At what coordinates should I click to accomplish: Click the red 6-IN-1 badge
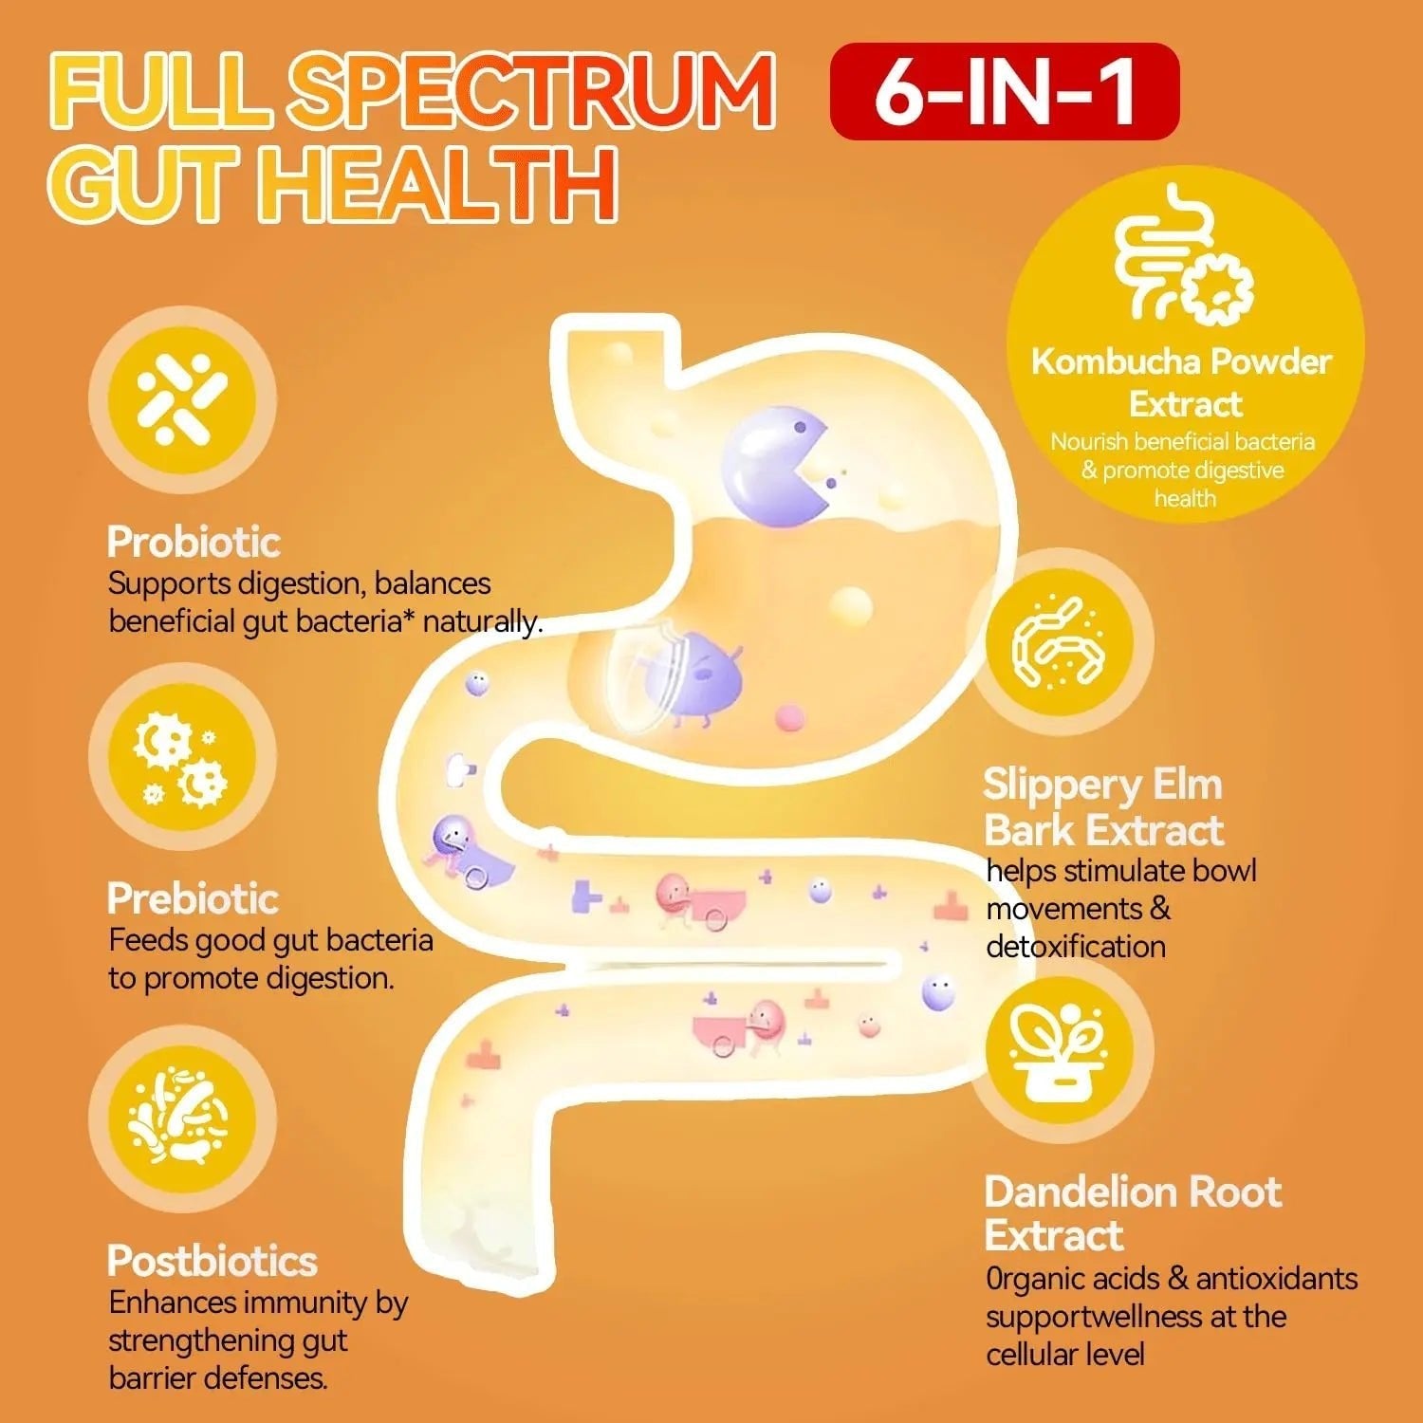(x=1005, y=91)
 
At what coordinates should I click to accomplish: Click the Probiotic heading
(x=194, y=542)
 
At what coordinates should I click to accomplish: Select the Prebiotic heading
(x=193, y=898)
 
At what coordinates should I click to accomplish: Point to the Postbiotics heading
(x=212, y=1261)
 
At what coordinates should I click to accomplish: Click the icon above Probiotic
(x=182, y=399)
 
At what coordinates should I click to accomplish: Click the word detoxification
(x=1076, y=946)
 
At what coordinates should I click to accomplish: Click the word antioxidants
(x=1277, y=1279)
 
